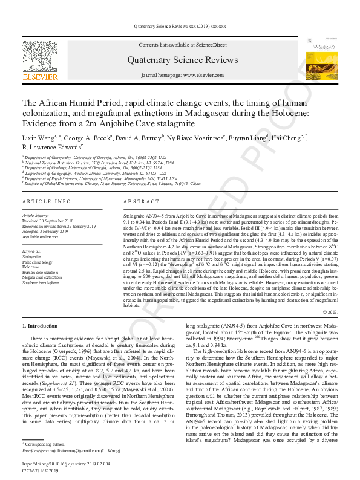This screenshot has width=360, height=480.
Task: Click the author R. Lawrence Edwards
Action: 51,147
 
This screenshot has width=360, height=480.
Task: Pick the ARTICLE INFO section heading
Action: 46,201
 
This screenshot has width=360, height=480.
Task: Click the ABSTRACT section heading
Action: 142,201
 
